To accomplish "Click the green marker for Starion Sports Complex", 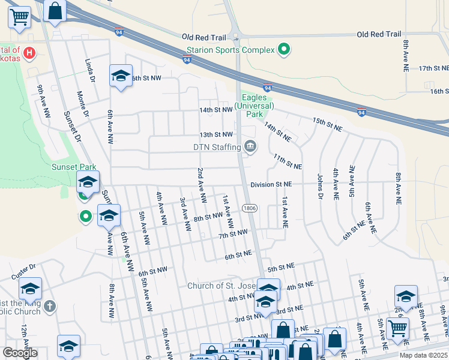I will click(283, 50).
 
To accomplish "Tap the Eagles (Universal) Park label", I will click(258, 106).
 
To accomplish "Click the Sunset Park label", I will click(74, 167).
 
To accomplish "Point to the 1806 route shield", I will click(250, 208).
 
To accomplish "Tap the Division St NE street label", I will click(271, 185).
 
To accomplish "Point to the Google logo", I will click(20, 353).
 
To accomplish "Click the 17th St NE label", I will click(433, 69).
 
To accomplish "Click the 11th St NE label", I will click(287, 161).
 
